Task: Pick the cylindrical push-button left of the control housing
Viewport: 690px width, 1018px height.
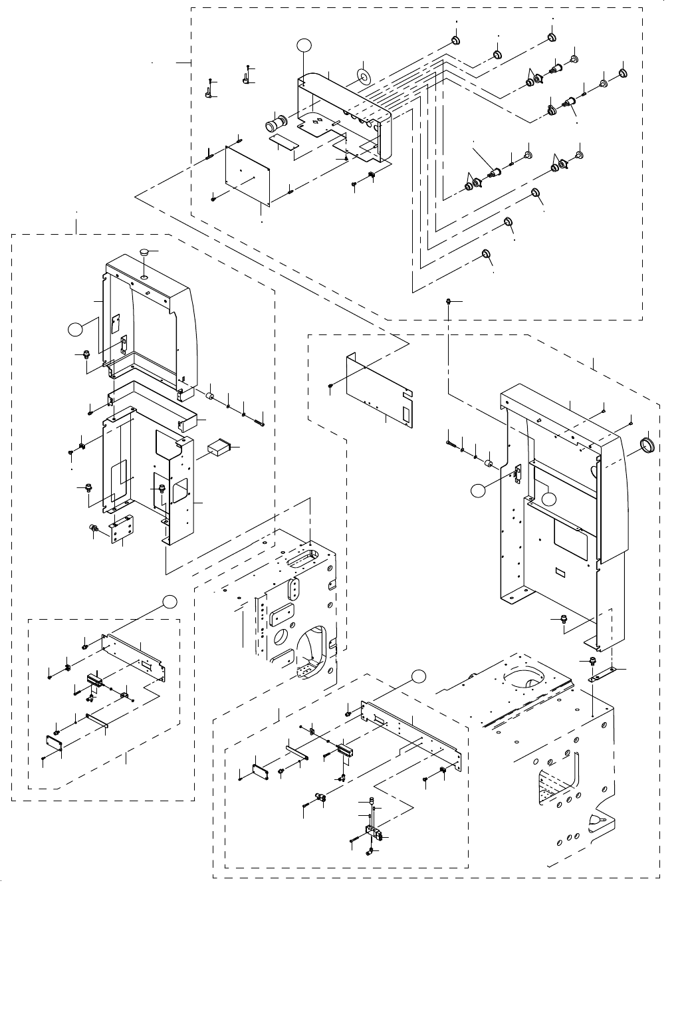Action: tap(275, 124)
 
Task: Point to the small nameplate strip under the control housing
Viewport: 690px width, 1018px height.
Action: tap(282, 142)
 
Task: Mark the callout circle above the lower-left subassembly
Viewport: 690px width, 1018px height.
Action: tap(170, 601)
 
